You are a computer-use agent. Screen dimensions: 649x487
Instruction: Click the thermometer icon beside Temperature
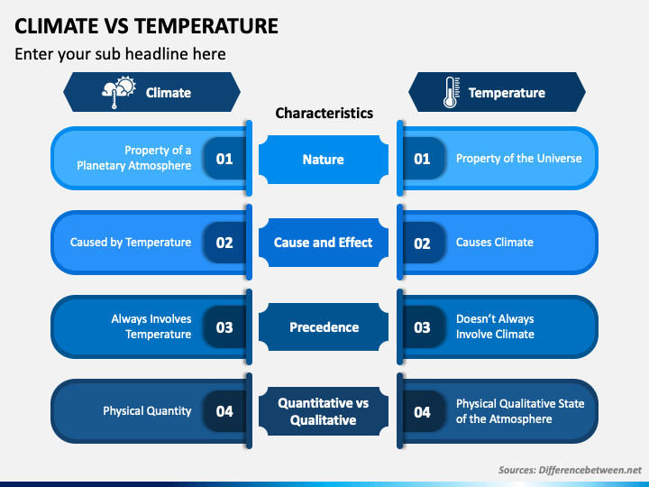(x=452, y=92)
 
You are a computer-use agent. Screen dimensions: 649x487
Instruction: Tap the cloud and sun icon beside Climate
(x=119, y=92)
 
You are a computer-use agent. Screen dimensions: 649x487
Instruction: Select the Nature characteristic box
(x=324, y=160)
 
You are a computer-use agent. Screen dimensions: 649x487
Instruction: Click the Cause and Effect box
(x=324, y=243)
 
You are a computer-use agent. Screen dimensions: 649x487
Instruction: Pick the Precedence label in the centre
(x=324, y=327)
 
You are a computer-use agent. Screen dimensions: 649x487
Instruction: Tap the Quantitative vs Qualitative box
(x=324, y=411)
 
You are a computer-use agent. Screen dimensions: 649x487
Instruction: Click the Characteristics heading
(x=324, y=113)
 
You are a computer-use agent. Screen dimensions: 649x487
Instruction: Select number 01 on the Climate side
(x=224, y=159)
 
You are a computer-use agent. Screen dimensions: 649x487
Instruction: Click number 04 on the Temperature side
(x=422, y=412)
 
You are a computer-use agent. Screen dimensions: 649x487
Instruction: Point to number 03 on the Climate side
(x=224, y=327)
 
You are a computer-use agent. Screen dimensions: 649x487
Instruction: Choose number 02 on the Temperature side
(x=422, y=243)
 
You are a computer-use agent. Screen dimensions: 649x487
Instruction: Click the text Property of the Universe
(x=518, y=158)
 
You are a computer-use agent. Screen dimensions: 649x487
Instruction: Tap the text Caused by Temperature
(x=131, y=243)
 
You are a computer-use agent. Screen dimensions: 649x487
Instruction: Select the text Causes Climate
(x=495, y=243)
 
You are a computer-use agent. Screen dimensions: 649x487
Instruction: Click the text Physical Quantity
(x=147, y=411)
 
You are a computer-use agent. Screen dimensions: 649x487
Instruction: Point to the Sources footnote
(x=570, y=470)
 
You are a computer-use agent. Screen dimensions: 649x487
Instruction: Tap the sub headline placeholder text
(x=120, y=54)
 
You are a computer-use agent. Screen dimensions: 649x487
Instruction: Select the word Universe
(x=559, y=158)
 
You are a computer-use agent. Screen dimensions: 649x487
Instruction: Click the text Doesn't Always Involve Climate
(x=495, y=326)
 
